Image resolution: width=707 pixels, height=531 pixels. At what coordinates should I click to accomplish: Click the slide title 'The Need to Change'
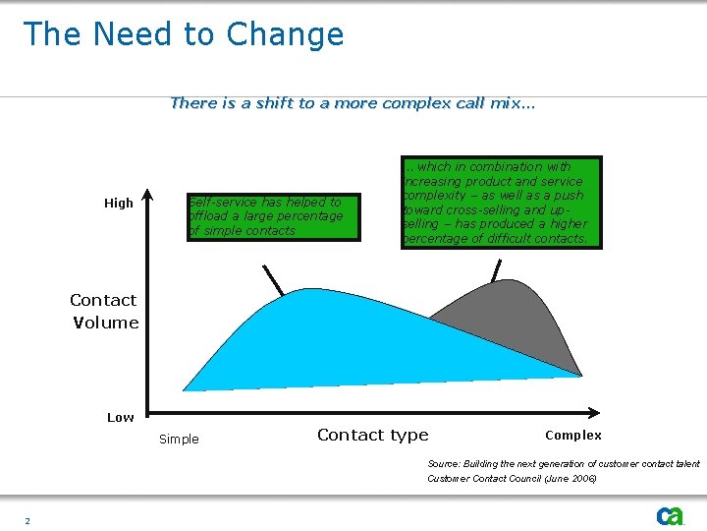click(x=184, y=34)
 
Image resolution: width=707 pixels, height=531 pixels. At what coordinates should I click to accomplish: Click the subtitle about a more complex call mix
click(x=353, y=102)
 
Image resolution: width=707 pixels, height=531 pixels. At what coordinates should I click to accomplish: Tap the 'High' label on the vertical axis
click(x=119, y=204)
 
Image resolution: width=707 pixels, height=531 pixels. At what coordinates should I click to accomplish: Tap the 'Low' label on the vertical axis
click(x=120, y=418)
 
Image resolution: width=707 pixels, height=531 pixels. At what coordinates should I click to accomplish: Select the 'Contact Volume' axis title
click(x=104, y=311)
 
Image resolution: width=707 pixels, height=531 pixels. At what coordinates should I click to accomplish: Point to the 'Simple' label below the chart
click(x=179, y=440)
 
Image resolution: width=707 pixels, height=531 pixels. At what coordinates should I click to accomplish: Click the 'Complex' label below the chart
click(x=572, y=435)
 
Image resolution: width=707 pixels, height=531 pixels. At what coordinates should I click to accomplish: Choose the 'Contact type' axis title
click(x=372, y=435)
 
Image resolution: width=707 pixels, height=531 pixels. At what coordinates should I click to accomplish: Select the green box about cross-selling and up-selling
click(x=501, y=203)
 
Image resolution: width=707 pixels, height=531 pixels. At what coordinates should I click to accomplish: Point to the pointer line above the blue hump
click(x=272, y=279)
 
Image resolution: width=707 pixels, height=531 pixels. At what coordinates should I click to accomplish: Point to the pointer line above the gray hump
click(x=497, y=267)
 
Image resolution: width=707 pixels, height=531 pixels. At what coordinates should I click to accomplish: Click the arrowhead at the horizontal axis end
click(x=594, y=411)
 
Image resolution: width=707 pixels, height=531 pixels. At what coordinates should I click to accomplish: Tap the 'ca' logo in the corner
click(x=670, y=516)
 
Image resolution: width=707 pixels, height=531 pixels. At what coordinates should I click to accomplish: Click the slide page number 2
click(x=27, y=520)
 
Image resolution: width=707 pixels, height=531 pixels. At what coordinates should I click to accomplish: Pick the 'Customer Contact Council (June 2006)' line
click(x=512, y=478)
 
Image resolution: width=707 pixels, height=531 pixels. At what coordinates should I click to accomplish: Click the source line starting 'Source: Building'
click(x=564, y=463)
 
